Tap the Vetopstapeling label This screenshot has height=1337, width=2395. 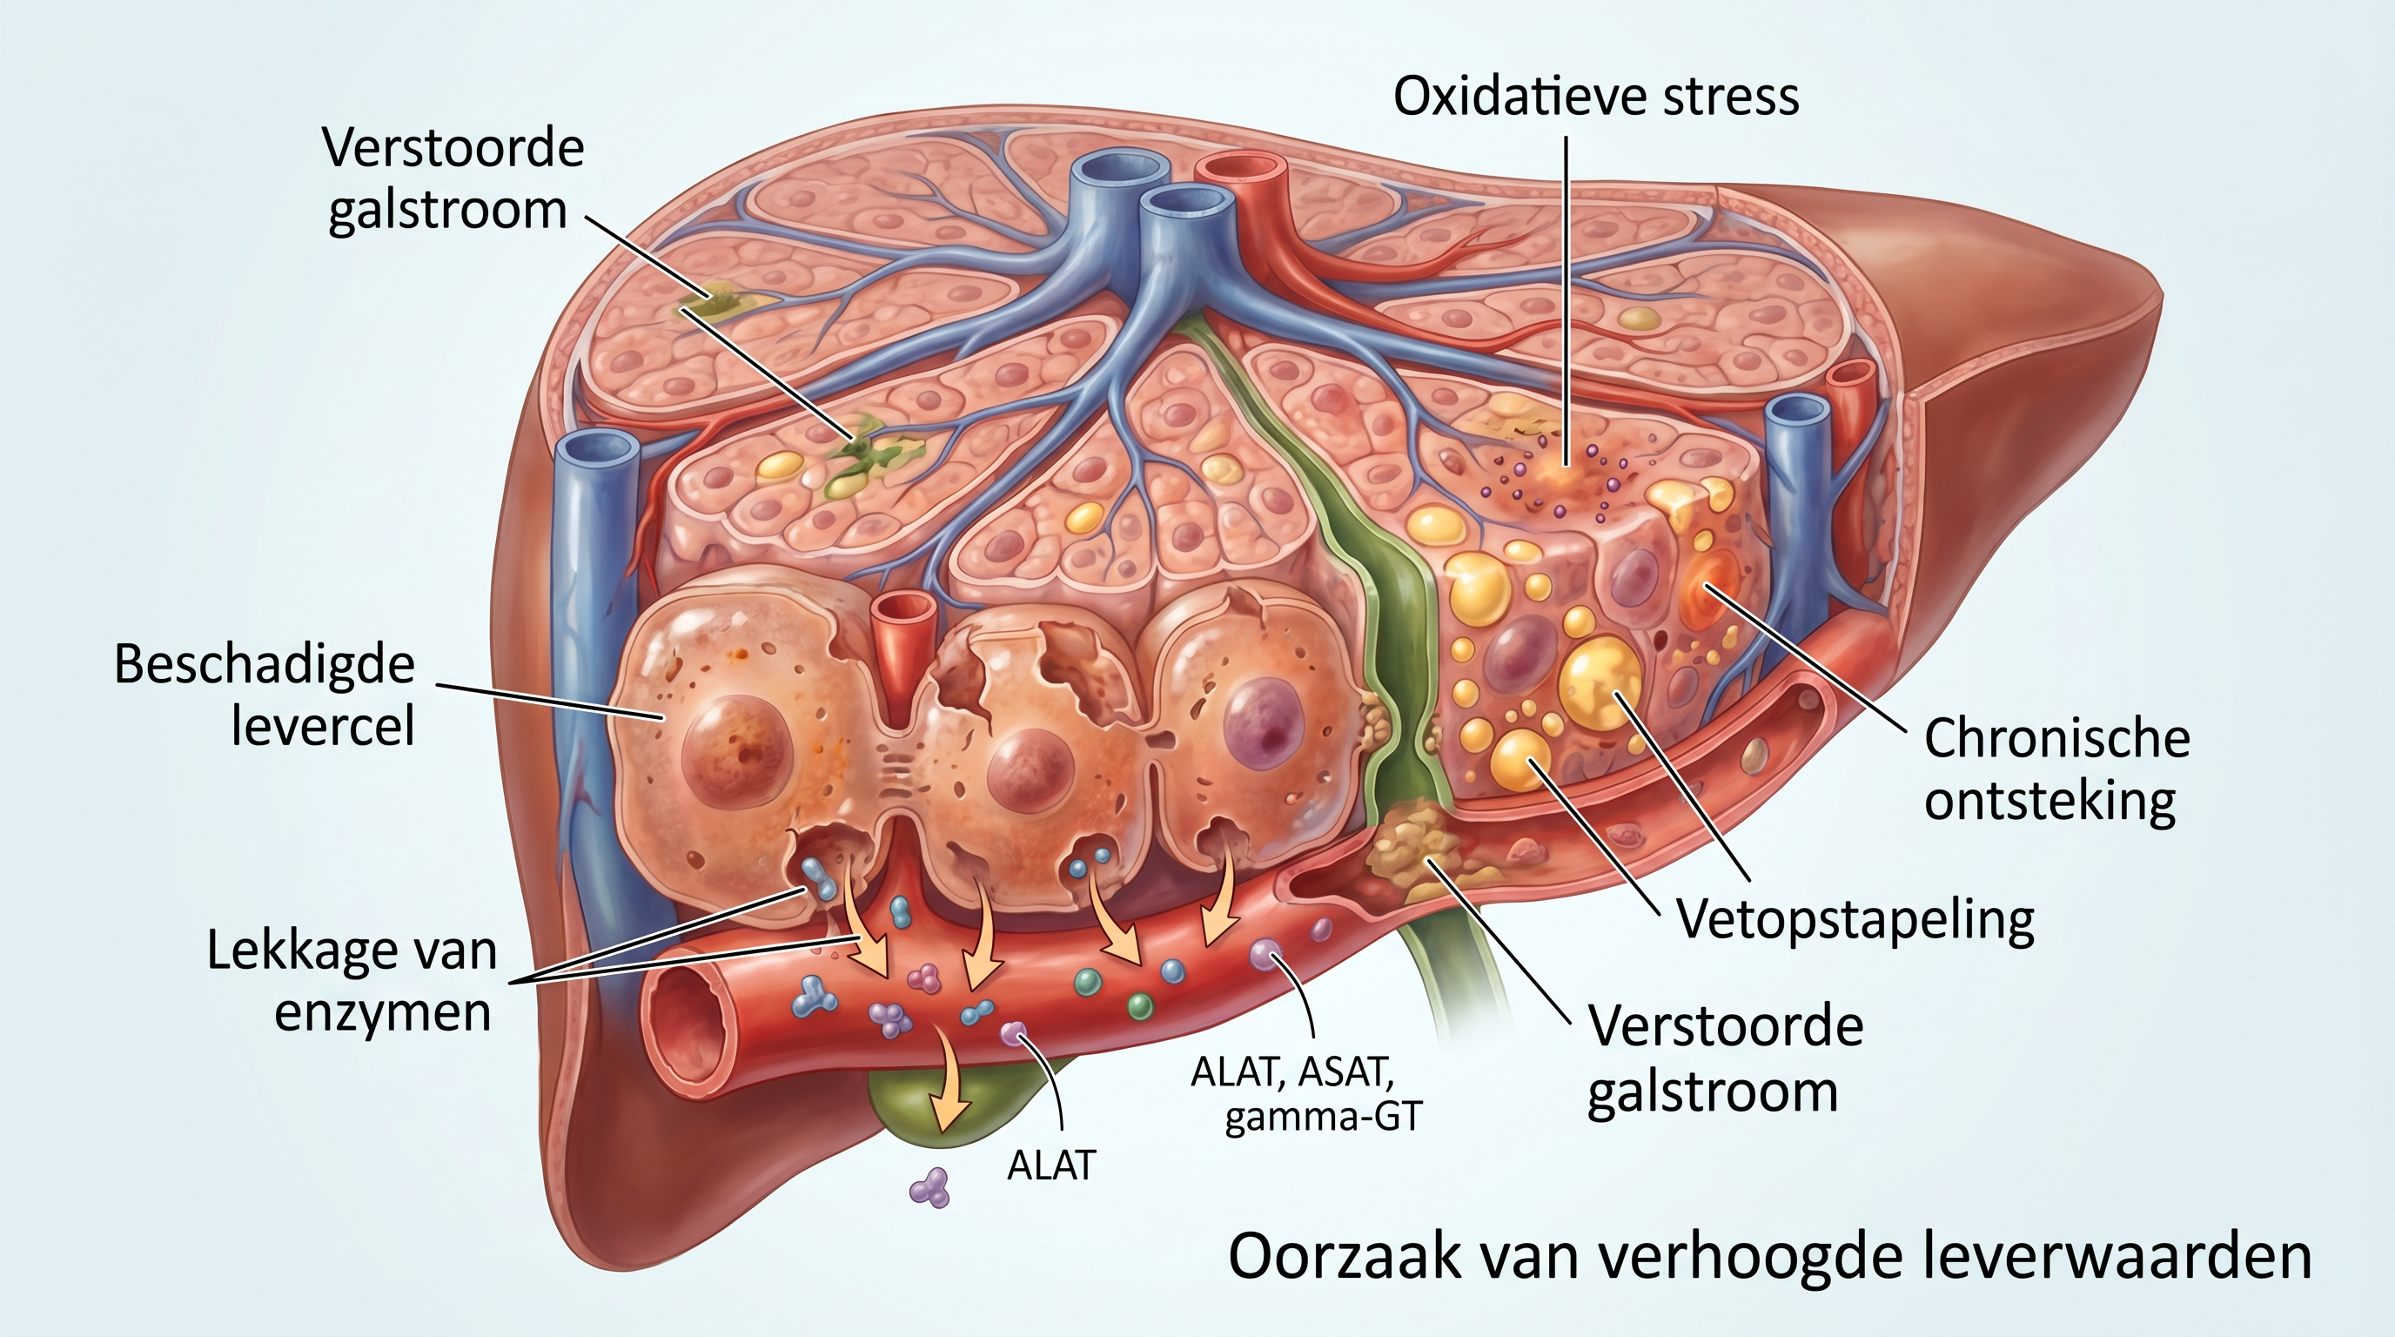1855,920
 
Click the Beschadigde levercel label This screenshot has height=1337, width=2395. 265,695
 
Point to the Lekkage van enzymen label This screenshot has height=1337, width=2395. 352,982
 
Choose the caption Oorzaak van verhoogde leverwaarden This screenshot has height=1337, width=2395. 1768,1257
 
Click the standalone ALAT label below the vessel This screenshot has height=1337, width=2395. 1051,1165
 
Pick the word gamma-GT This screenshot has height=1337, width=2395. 1323,1115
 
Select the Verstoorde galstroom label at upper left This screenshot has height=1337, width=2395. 453,178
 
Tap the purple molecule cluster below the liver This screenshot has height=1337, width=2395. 930,1188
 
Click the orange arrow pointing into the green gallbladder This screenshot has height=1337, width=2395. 952,1088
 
